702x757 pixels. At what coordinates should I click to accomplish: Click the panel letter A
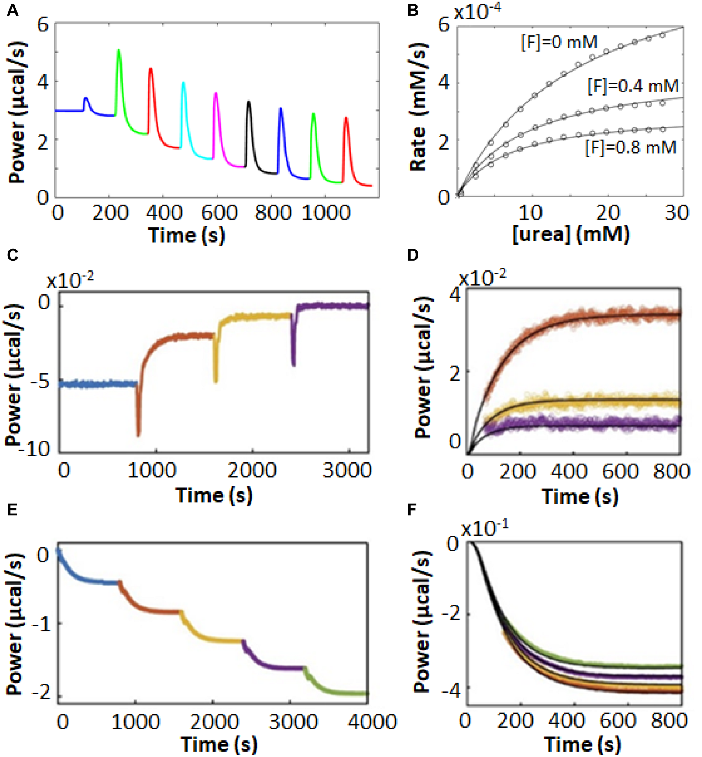click(x=12, y=10)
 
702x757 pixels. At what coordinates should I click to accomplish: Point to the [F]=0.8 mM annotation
click(x=631, y=147)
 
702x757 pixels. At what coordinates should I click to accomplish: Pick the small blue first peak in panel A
click(x=86, y=99)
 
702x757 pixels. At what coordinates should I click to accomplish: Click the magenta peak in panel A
click(x=216, y=94)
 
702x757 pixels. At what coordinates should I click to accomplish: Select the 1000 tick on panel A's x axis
click(x=326, y=213)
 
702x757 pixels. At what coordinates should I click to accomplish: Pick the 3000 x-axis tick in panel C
click(x=347, y=470)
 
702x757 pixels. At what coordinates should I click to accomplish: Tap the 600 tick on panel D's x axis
click(x=620, y=471)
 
